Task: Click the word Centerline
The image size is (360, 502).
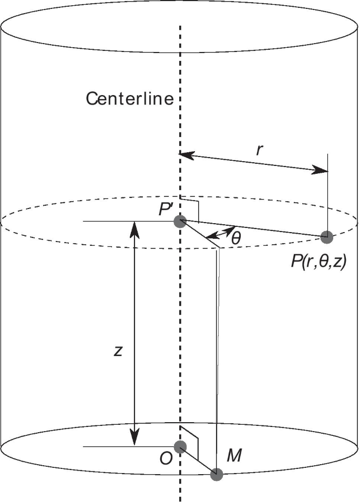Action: coord(130,98)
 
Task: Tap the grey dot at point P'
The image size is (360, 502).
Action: coord(180,221)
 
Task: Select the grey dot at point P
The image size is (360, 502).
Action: coord(327,237)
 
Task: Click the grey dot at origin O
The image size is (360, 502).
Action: coord(180,447)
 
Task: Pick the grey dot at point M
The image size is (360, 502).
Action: coord(217,475)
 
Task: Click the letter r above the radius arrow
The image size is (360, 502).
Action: coord(259,150)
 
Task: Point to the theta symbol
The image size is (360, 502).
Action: coord(236,238)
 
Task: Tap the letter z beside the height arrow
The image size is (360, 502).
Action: coord(118,351)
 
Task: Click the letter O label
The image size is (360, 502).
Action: coord(166,458)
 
